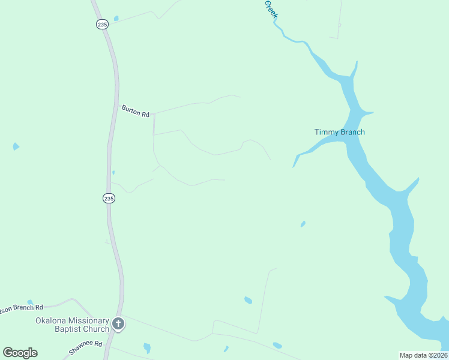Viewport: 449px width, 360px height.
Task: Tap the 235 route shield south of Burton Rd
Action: pyautogui.click(x=108, y=198)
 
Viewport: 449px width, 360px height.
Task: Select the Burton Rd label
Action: pyautogui.click(x=135, y=110)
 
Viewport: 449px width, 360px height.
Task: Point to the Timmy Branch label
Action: pyautogui.click(x=339, y=132)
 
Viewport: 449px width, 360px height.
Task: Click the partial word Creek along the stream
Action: pyautogui.click(x=271, y=8)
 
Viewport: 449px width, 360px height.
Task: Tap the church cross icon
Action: pyautogui.click(x=119, y=325)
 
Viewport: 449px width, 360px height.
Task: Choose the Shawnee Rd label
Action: pyautogui.click(x=86, y=349)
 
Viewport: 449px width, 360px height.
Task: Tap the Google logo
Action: pyautogui.click(x=20, y=352)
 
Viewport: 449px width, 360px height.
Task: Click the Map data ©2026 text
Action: pyautogui.click(x=423, y=355)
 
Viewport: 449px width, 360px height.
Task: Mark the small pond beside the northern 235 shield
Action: pyautogui.click(x=116, y=19)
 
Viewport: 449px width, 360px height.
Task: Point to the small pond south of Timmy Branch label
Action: pyautogui.click(x=303, y=224)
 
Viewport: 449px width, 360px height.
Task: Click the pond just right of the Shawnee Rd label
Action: pyautogui.click(x=146, y=347)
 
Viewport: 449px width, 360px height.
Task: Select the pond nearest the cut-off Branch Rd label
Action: pyautogui.click(x=29, y=302)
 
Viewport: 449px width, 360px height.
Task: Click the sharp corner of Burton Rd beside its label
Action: pyautogui.click(x=154, y=113)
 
